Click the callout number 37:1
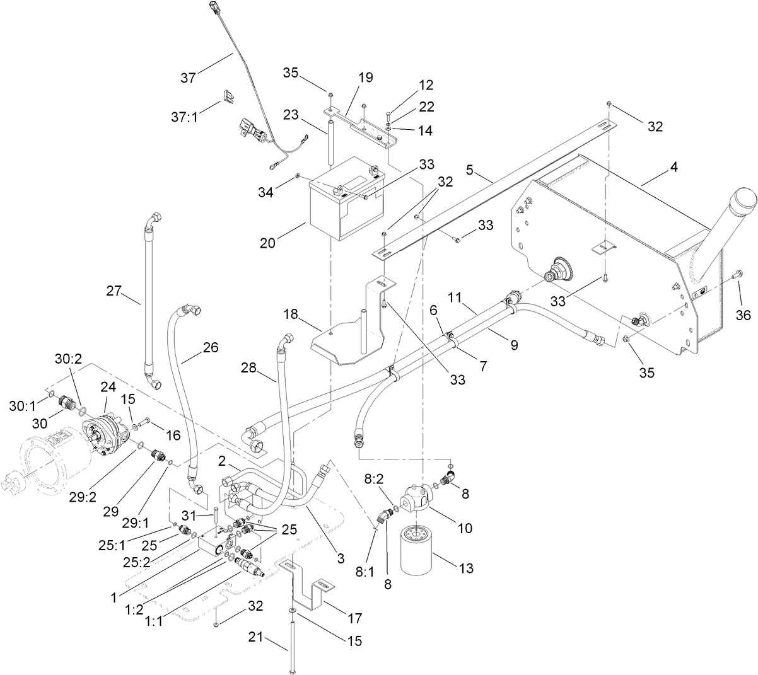(x=185, y=117)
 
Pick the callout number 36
(x=743, y=314)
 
